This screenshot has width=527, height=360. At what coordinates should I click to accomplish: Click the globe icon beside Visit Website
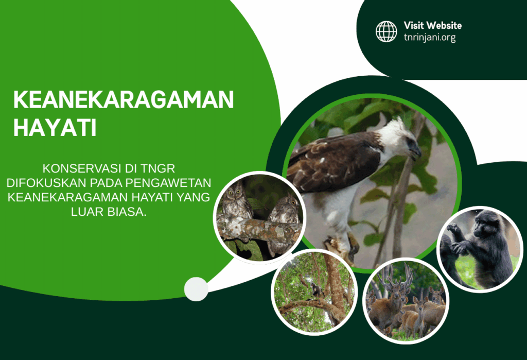pyautogui.click(x=386, y=31)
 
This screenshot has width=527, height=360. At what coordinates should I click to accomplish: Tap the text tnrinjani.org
pyautogui.click(x=430, y=38)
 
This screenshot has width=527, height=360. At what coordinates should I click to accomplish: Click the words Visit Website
pyautogui.click(x=432, y=25)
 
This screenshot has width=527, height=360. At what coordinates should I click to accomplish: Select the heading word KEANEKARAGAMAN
pyautogui.click(x=124, y=99)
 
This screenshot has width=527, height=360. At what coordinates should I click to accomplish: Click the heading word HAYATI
pyautogui.click(x=55, y=128)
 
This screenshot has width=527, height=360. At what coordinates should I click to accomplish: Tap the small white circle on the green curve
pyautogui.click(x=196, y=288)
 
